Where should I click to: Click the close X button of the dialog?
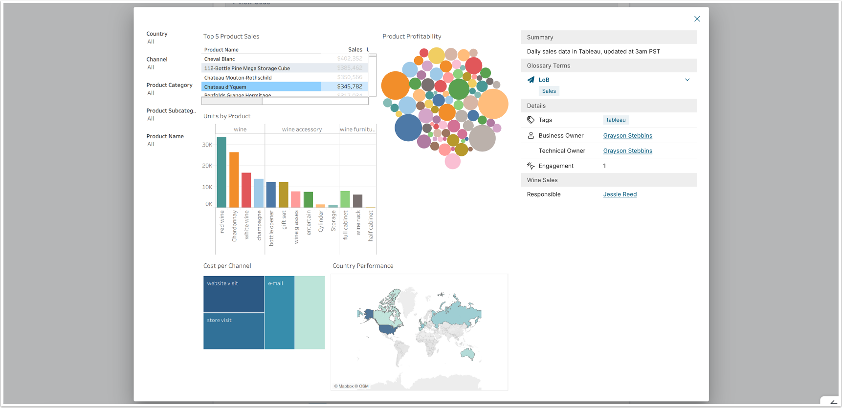click(697, 19)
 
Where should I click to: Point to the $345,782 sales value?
click(350, 86)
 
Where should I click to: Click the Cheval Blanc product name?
click(220, 59)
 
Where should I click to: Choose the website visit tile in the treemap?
click(234, 294)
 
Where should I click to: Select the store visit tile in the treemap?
click(234, 331)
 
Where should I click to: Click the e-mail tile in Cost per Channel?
click(279, 313)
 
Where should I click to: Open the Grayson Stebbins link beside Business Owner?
click(627, 136)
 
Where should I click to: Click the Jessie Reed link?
click(620, 194)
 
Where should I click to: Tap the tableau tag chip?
click(616, 120)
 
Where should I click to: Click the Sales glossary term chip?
click(549, 91)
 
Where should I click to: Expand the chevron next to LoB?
click(687, 80)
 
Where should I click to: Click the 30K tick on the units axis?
click(207, 145)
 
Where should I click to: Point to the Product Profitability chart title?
click(412, 37)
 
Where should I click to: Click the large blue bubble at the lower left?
click(408, 128)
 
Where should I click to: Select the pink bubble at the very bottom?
click(452, 161)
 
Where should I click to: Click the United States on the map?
click(389, 328)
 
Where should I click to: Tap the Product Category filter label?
click(169, 85)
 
